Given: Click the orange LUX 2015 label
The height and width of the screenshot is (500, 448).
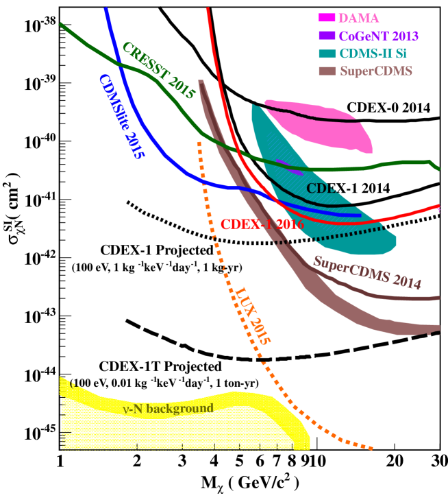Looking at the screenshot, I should coord(254,315).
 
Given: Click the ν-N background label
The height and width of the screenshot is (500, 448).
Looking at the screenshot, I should coord(168,409).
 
